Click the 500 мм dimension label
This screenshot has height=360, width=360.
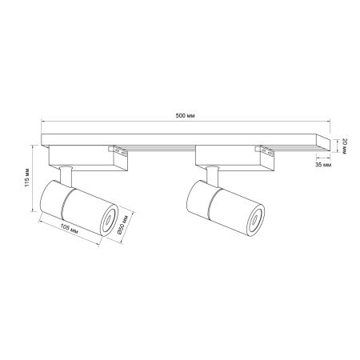(185, 116)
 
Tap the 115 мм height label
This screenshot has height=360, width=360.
(27, 178)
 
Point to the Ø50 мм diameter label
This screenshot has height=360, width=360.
(122, 224)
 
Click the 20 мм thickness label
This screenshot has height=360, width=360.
(344, 146)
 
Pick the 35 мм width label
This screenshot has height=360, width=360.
(323, 165)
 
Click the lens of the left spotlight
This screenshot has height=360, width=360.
(109, 220)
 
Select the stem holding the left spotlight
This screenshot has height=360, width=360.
(66, 176)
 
